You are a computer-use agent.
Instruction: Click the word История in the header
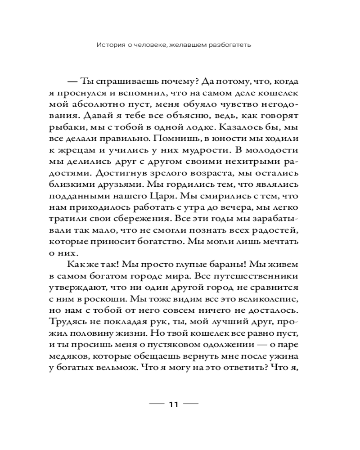click(x=110, y=45)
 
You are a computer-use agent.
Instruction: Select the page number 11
click(x=174, y=404)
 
